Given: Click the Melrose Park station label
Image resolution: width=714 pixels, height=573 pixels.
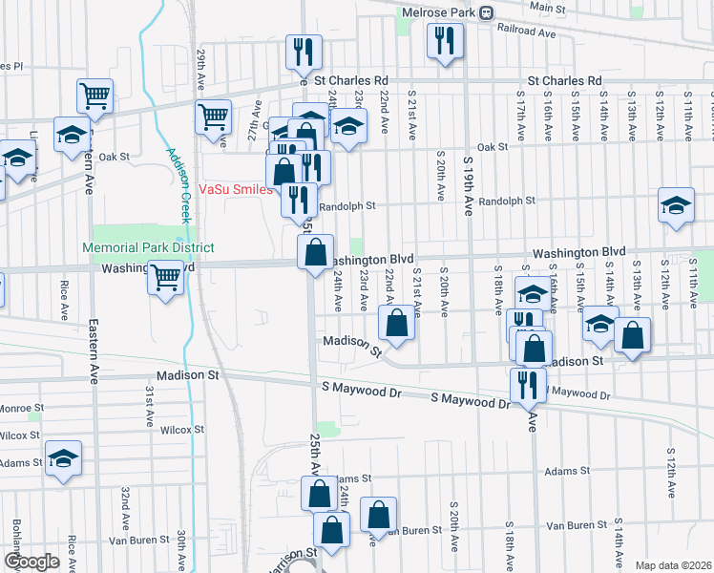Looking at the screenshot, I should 436,12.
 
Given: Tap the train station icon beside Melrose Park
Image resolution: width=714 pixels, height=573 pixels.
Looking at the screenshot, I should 486,12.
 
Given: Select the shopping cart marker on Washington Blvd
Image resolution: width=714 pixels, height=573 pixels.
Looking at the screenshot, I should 166,277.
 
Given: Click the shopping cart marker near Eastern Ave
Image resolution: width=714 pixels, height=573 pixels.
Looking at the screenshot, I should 94,95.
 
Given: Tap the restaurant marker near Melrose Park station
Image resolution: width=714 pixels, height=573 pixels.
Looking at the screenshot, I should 445,39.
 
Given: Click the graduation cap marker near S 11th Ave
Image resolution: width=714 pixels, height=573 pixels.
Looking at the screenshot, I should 676,205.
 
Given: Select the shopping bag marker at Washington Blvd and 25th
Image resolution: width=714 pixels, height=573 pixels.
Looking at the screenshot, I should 316,253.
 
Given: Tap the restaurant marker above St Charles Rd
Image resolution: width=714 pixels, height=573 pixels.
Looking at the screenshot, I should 304,52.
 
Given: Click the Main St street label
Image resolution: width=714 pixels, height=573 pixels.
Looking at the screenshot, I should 547,7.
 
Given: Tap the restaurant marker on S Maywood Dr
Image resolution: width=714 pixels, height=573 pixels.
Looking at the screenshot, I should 528,384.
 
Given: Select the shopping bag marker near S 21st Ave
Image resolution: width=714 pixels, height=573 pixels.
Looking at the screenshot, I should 397,323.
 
